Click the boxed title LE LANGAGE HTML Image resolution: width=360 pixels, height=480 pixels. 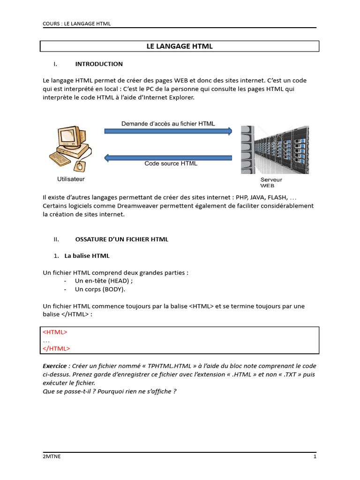180,46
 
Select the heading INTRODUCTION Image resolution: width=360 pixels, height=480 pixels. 99,64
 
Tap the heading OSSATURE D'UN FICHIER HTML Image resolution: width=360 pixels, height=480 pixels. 121,239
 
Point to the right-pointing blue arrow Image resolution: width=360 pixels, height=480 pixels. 168,131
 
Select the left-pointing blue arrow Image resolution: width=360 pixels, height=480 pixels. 168,157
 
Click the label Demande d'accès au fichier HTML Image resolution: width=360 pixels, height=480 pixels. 168,124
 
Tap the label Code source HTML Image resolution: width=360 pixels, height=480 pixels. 171,164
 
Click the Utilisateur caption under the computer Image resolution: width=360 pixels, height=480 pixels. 71,179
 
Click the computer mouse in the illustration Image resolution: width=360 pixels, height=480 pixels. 79,165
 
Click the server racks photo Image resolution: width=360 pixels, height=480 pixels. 275,150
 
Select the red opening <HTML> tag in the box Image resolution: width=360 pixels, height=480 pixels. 55,332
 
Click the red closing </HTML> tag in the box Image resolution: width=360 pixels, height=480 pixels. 56,348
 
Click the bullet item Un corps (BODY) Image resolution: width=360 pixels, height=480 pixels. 100,289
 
